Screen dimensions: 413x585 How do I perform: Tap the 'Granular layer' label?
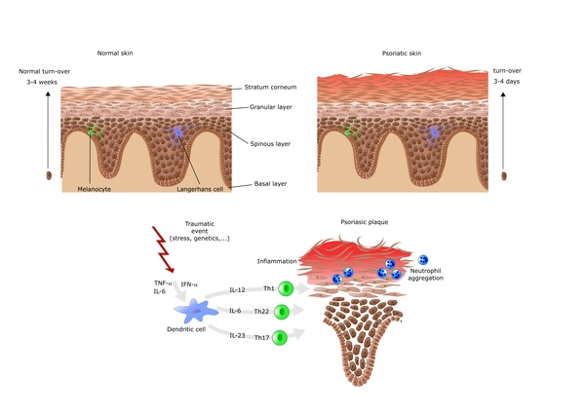point(254,108)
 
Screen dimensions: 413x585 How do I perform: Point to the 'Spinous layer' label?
point(256,144)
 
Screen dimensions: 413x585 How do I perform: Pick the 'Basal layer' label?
point(254,180)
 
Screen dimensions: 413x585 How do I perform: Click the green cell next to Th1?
point(286,288)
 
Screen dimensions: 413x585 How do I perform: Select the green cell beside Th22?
point(282,312)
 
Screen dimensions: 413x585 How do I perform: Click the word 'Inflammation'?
point(277,260)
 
